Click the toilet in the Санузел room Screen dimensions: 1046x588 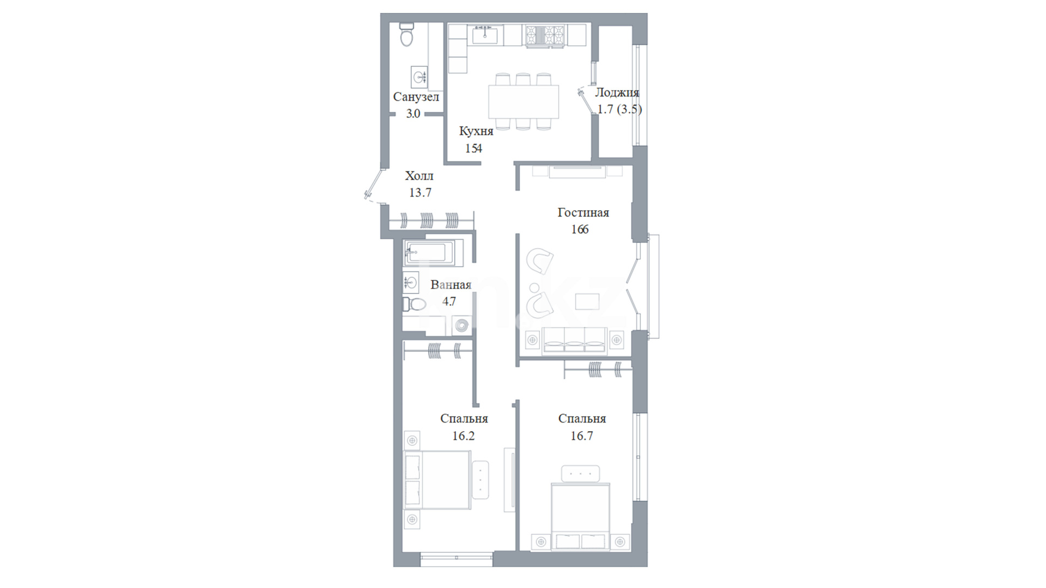tap(406, 34)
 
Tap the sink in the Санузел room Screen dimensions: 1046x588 tap(419, 77)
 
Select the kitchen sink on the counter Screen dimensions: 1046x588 tap(485, 35)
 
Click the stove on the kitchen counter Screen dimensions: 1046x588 tap(545, 36)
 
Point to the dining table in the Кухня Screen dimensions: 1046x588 tap(524, 102)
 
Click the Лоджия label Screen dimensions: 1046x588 tap(617, 93)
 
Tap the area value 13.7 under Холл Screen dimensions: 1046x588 tap(420, 192)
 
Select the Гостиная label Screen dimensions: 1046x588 tap(583, 212)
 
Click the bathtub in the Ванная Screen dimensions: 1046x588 tap(433, 253)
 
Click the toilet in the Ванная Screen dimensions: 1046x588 tap(414, 304)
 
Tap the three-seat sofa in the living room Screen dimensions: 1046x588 tap(574, 341)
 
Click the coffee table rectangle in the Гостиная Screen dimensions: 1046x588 tap(587, 302)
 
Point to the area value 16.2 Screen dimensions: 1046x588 tap(463, 436)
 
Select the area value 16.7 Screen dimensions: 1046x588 tap(581, 436)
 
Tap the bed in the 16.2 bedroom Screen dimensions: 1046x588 tap(437, 480)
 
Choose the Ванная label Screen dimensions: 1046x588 tap(451, 285)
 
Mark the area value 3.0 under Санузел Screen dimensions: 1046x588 tap(413, 114)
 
